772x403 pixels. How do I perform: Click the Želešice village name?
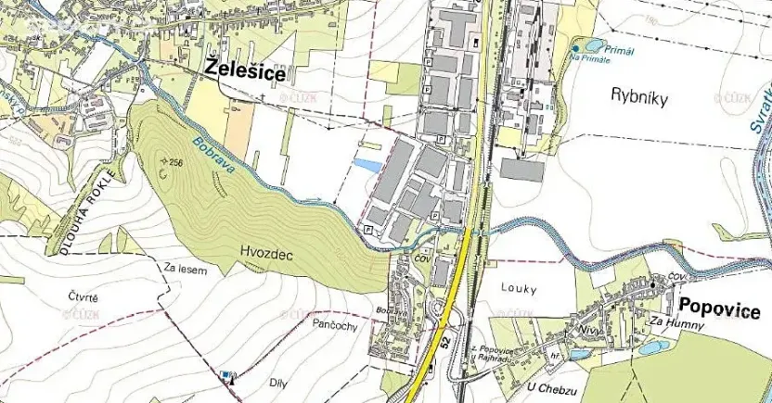click(246, 70)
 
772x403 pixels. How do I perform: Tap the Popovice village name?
click(719, 309)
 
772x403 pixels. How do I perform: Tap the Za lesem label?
click(185, 270)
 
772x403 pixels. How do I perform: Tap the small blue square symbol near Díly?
click(225, 373)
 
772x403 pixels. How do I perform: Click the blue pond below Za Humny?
click(652, 347)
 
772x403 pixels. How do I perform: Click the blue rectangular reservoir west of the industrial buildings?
click(367, 165)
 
